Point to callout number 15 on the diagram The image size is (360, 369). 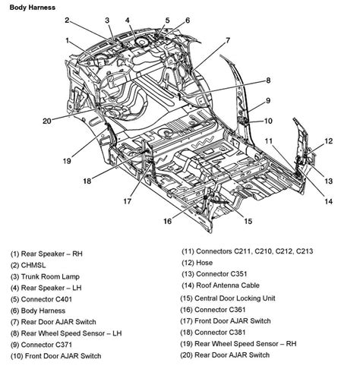(248, 221)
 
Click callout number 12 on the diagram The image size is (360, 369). (329, 141)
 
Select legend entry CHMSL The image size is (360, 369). (31, 264)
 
